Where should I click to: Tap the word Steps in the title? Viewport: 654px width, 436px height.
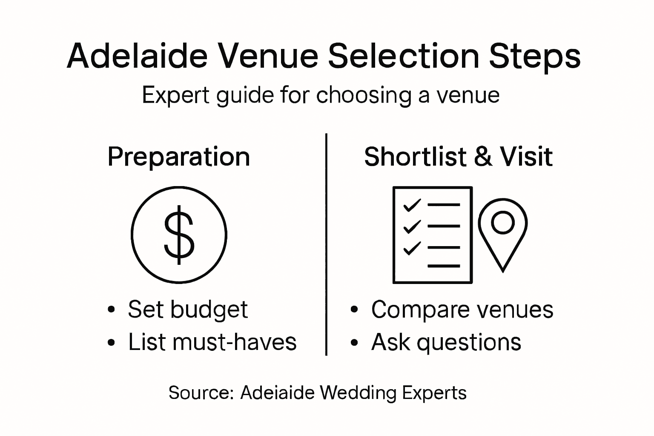(535, 56)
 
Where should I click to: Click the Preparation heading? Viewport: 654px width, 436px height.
(178, 157)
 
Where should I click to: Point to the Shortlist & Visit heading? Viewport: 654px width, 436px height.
(458, 157)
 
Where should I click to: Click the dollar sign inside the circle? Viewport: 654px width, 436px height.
(179, 235)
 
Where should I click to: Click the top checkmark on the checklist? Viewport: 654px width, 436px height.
(412, 205)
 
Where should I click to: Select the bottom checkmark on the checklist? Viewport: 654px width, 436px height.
(412, 248)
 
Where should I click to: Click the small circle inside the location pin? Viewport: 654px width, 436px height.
(503, 222)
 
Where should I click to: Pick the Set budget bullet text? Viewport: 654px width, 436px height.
(187, 309)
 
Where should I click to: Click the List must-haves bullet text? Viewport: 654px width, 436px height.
(212, 342)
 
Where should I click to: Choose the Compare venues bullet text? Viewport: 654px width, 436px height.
(462, 309)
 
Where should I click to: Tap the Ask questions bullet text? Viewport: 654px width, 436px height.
(446, 342)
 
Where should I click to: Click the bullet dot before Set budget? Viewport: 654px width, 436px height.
(112, 310)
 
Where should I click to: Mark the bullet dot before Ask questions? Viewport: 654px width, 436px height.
(354, 342)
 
